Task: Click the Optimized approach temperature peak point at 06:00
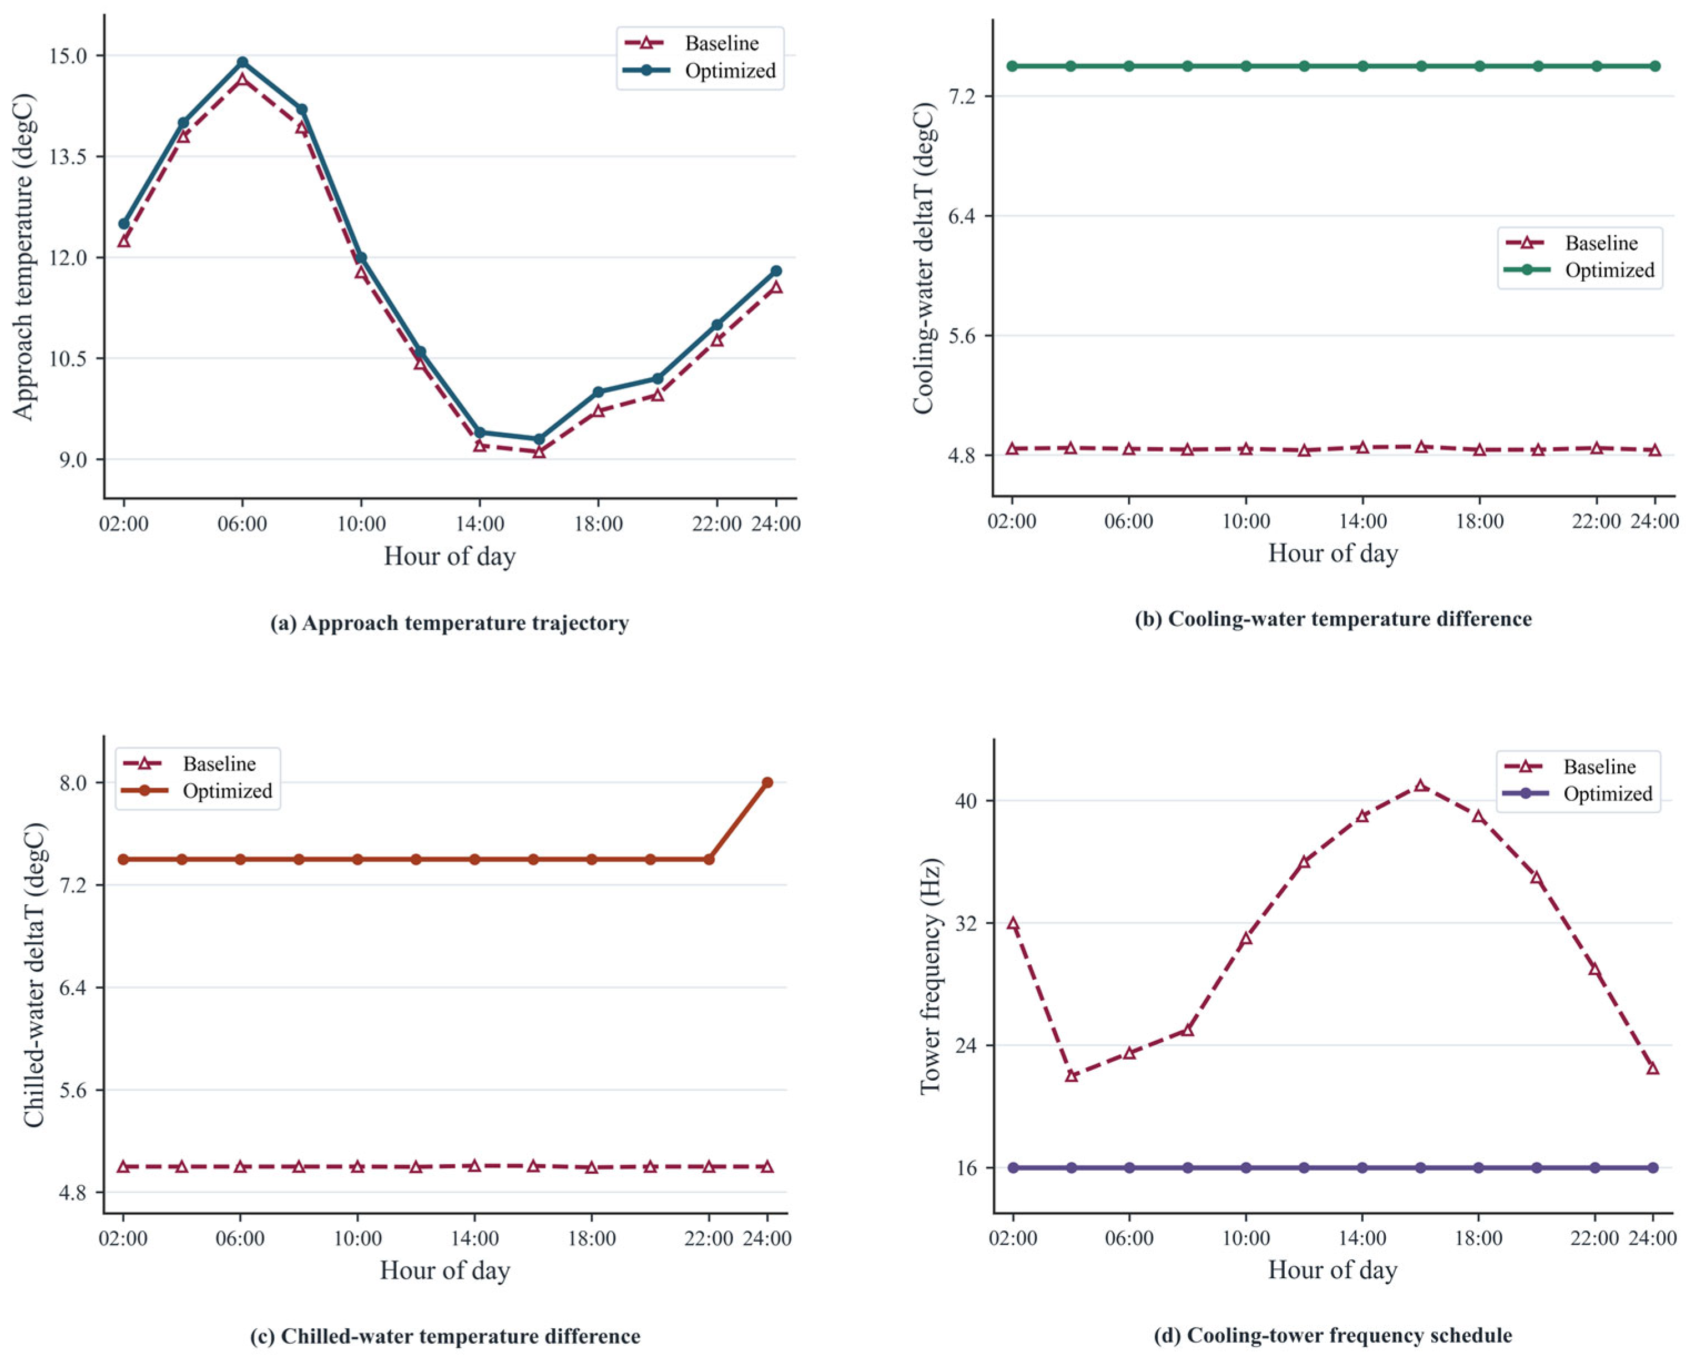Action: pos(243,62)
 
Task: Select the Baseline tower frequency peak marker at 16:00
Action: pos(1421,786)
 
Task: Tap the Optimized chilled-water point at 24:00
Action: pos(768,782)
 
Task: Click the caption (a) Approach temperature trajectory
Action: pos(450,623)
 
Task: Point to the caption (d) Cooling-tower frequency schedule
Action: pos(1333,1335)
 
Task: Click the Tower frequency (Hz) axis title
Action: pos(930,977)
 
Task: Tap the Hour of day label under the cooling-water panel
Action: pos(1333,553)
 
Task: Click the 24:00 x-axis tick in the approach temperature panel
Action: pos(775,523)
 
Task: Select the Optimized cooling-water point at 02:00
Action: pos(1012,66)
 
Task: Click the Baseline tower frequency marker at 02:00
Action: pos(1012,923)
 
